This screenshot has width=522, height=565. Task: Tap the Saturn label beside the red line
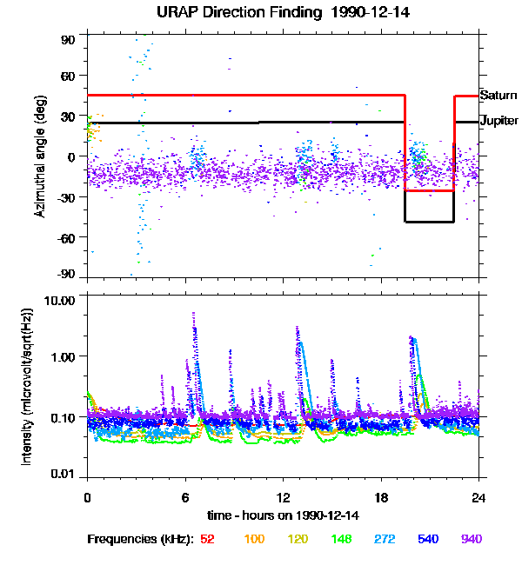point(499,95)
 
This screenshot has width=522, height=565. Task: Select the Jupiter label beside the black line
point(499,122)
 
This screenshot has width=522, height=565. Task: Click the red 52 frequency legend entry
point(207,539)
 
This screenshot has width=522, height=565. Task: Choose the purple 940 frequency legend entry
point(471,539)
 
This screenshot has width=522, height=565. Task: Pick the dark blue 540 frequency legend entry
point(427,539)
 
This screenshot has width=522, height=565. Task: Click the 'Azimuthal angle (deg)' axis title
point(39,157)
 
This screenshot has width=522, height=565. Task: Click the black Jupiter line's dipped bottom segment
point(430,222)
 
